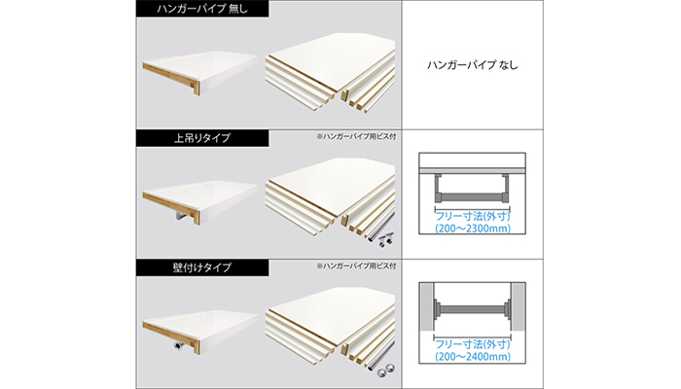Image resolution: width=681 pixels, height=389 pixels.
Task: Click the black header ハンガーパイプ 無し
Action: coord(202,9)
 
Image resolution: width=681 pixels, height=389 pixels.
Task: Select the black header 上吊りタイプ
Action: coord(202,138)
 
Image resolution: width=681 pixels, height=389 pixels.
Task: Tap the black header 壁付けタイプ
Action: coord(202,267)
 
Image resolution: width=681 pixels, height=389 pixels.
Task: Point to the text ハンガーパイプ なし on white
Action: coord(473,65)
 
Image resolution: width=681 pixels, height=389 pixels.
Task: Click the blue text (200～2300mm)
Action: coord(473,229)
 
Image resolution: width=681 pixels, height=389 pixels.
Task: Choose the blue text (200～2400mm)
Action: coord(473,357)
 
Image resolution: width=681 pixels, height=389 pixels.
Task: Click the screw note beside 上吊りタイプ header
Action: coord(356,136)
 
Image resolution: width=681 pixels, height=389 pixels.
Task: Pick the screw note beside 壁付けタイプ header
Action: coord(356,265)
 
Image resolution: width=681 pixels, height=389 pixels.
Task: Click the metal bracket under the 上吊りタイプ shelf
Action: coord(183,216)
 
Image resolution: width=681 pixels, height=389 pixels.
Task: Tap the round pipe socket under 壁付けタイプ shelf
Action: coord(178,345)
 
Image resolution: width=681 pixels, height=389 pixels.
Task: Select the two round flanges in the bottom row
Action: coord(386,371)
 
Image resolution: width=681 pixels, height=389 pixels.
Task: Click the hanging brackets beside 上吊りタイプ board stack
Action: coord(385,239)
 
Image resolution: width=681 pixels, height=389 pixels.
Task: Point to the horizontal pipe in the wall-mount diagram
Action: coord(472,309)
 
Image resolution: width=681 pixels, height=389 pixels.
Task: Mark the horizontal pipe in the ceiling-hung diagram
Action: coord(472,198)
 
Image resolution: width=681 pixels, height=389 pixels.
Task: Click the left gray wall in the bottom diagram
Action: coord(426,306)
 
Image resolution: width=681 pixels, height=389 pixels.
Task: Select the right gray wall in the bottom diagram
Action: coord(519,306)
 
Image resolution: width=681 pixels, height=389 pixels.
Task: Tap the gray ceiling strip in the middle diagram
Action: coord(472,170)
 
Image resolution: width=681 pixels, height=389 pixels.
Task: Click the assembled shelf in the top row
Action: coord(200,73)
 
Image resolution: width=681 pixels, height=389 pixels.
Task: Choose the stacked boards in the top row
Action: coord(331,73)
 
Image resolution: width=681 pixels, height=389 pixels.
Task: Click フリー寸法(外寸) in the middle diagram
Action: coord(473,216)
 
